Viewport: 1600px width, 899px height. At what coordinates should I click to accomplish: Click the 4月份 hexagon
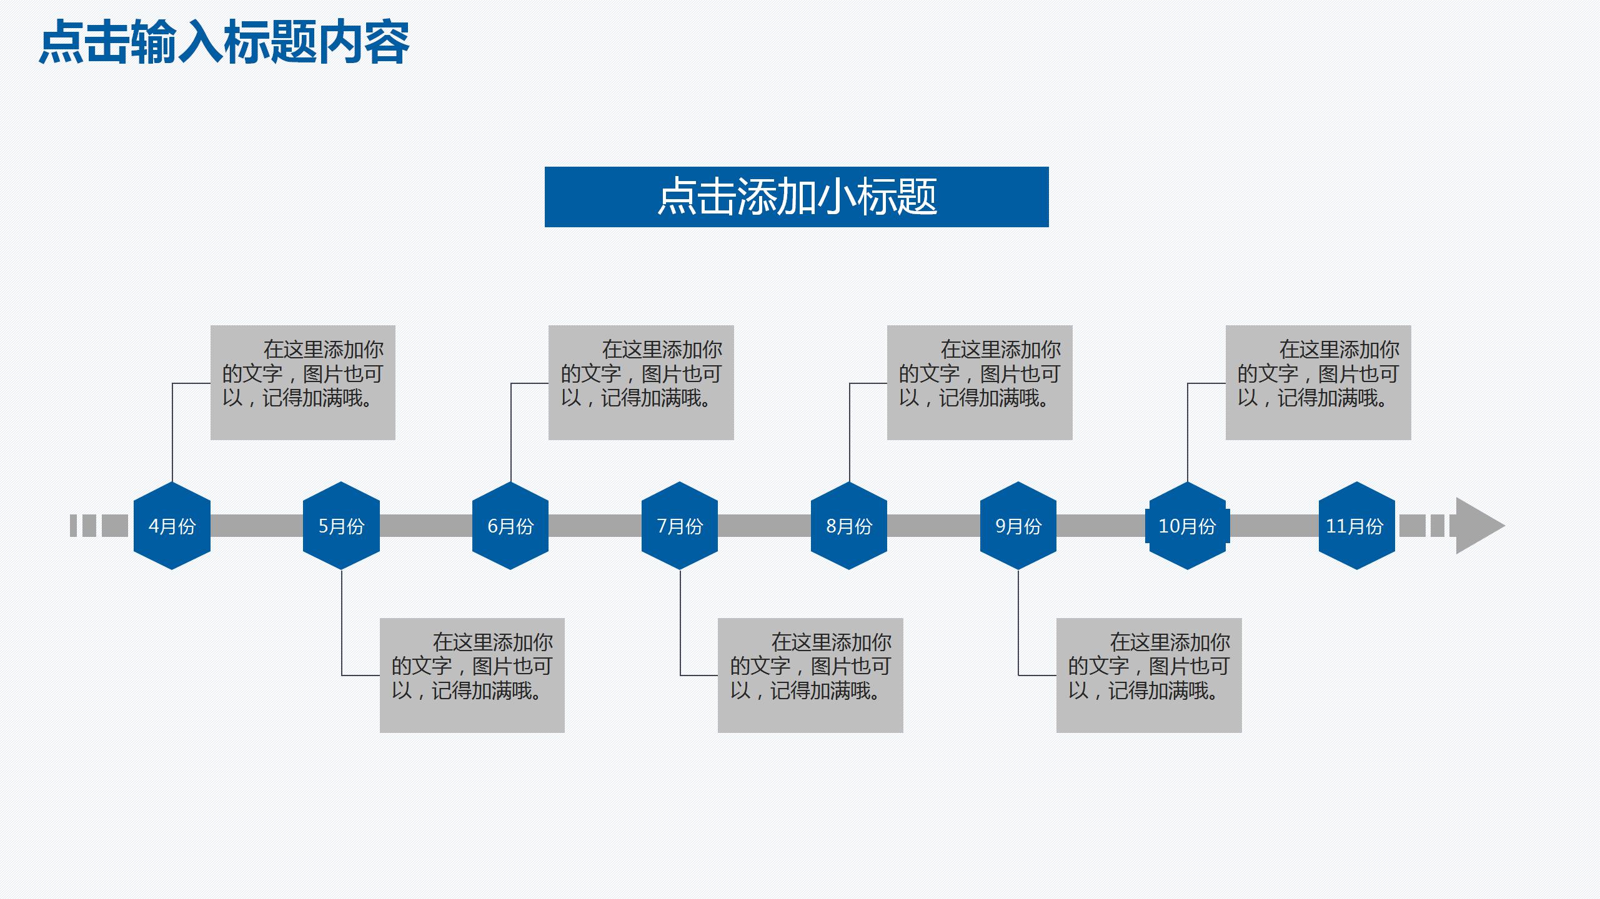(172, 526)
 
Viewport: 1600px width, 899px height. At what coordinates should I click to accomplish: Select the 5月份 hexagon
(341, 526)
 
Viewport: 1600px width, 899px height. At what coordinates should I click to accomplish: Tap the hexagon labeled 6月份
(510, 526)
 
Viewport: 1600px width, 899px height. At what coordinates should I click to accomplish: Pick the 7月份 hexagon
(680, 526)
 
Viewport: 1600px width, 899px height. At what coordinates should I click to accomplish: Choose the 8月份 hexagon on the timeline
(849, 526)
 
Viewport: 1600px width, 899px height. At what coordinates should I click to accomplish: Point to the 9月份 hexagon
(1018, 526)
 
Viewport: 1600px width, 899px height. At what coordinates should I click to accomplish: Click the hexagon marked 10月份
(1187, 526)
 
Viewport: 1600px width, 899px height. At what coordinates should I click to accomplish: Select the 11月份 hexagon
(1356, 526)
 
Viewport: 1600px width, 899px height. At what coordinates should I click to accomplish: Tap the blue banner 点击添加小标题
(797, 197)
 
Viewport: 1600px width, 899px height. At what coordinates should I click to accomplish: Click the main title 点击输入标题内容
(224, 42)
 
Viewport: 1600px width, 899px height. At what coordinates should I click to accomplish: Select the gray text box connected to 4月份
(303, 382)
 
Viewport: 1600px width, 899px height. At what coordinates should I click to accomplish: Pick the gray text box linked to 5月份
(472, 675)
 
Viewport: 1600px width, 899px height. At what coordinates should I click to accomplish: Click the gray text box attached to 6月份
(641, 382)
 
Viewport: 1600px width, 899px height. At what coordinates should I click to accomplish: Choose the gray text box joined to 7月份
(810, 675)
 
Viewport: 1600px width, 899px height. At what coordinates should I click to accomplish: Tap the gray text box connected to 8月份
(980, 382)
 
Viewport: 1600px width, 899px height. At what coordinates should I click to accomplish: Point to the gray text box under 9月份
(1149, 675)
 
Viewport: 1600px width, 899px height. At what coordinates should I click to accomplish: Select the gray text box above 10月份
(1318, 382)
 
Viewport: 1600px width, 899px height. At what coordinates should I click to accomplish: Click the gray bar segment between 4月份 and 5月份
(256, 526)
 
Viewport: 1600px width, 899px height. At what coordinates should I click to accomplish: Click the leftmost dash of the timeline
(73, 526)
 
